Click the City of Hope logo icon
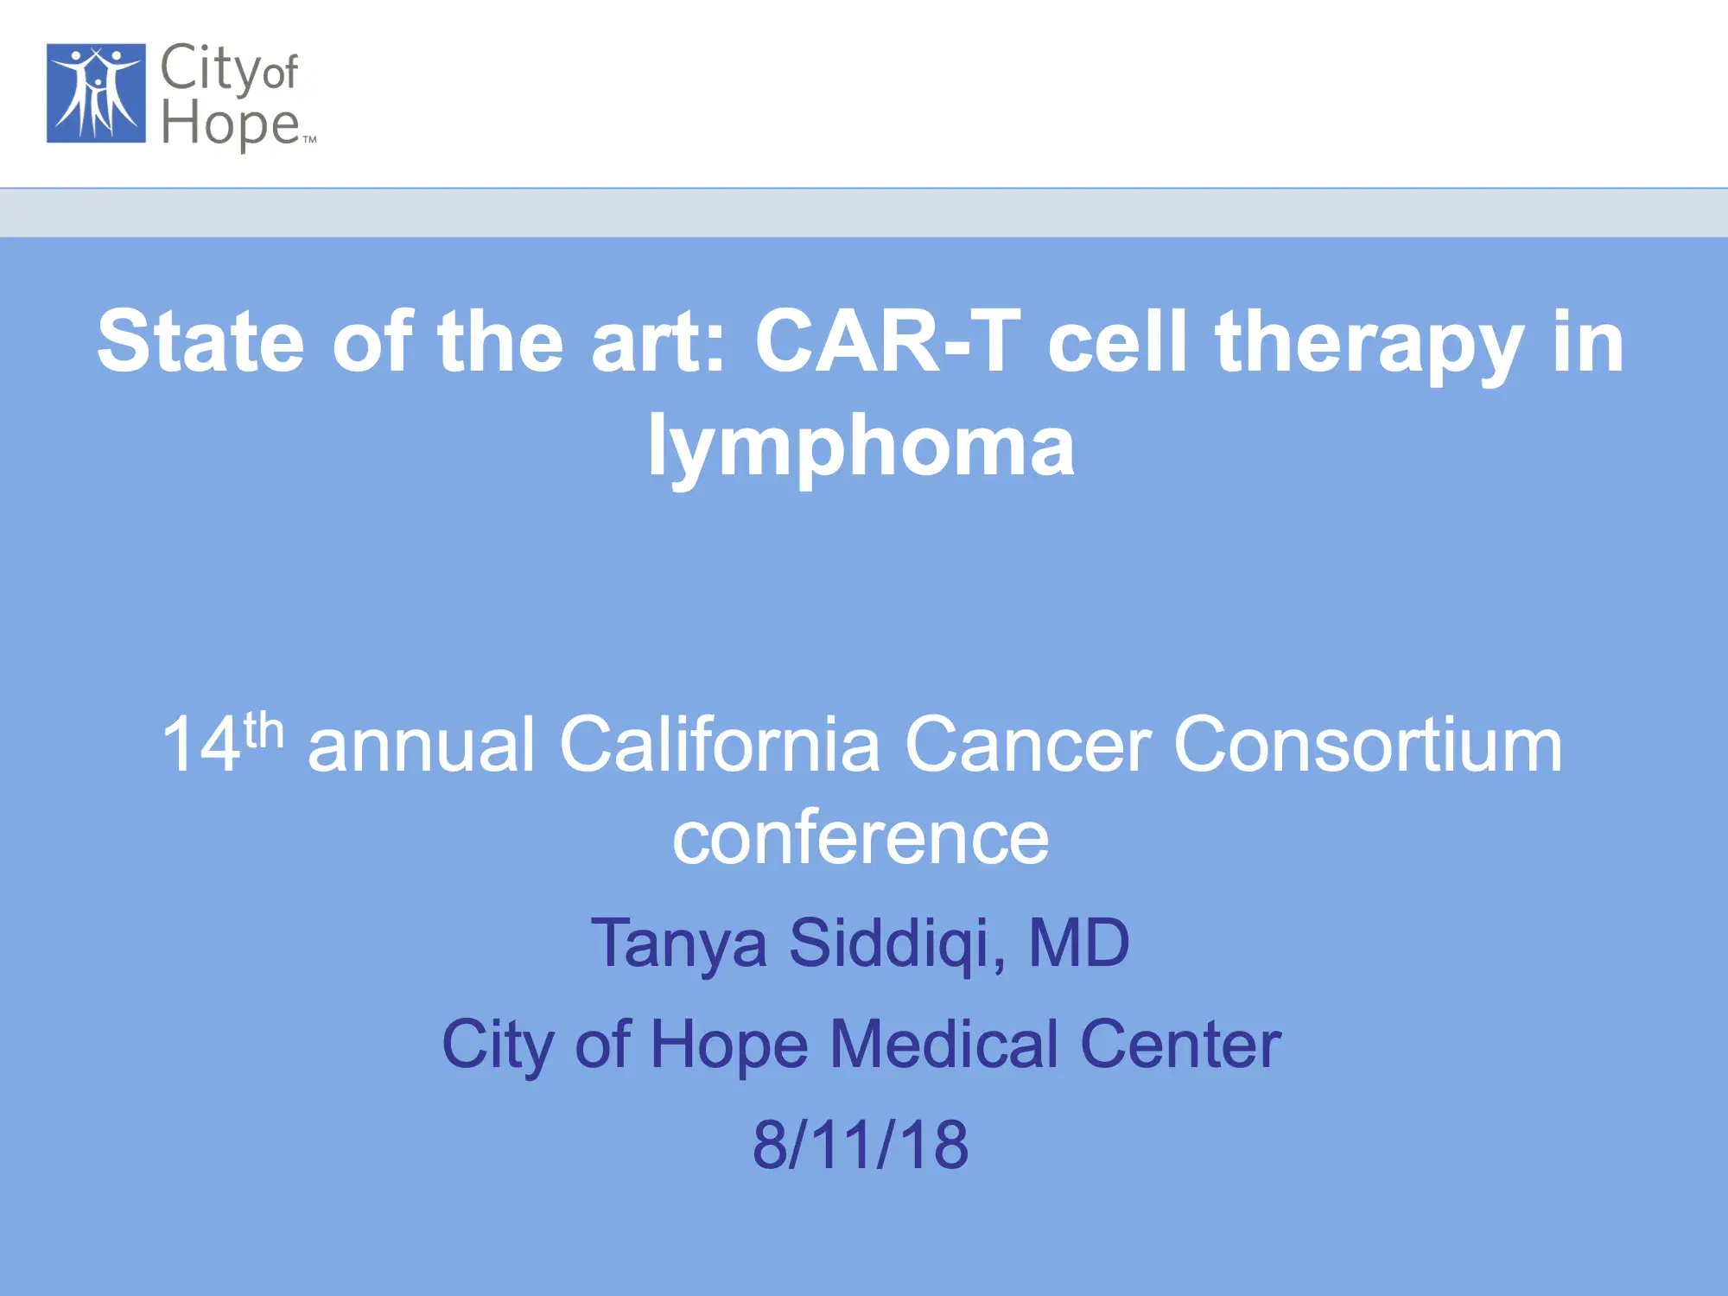pos(96,93)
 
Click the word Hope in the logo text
pos(230,124)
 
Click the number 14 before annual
pos(201,744)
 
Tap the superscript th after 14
pos(264,730)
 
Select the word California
pos(720,744)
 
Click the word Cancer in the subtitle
pos(1027,745)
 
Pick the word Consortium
pos(1368,744)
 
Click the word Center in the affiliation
pos(1181,1045)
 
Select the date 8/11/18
pos(861,1144)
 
